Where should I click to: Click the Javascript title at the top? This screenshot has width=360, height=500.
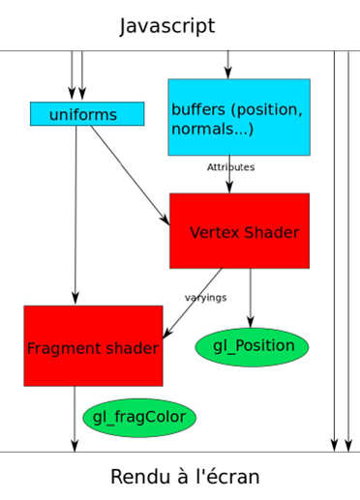(167, 26)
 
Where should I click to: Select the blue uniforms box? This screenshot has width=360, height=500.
(87, 114)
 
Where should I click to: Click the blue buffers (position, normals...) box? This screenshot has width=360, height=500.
(239, 117)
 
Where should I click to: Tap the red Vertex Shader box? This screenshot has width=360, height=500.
(239, 231)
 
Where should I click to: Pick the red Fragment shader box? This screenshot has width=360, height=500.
(93, 346)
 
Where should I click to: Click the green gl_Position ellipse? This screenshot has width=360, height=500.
(252, 347)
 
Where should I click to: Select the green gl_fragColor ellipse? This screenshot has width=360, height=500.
(139, 418)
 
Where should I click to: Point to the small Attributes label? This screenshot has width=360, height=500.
(230, 167)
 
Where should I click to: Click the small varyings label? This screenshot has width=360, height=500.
(205, 297)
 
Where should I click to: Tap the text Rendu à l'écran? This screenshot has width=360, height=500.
(185, 477)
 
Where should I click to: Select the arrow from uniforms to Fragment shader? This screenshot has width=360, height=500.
(75, 213)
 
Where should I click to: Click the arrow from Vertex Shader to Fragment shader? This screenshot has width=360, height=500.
(194, 303)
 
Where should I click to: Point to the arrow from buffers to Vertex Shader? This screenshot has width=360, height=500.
(229, 179)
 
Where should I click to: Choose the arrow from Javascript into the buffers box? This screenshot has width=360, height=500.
(227, 64)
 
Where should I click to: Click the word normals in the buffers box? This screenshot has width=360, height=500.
(201, 129)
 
